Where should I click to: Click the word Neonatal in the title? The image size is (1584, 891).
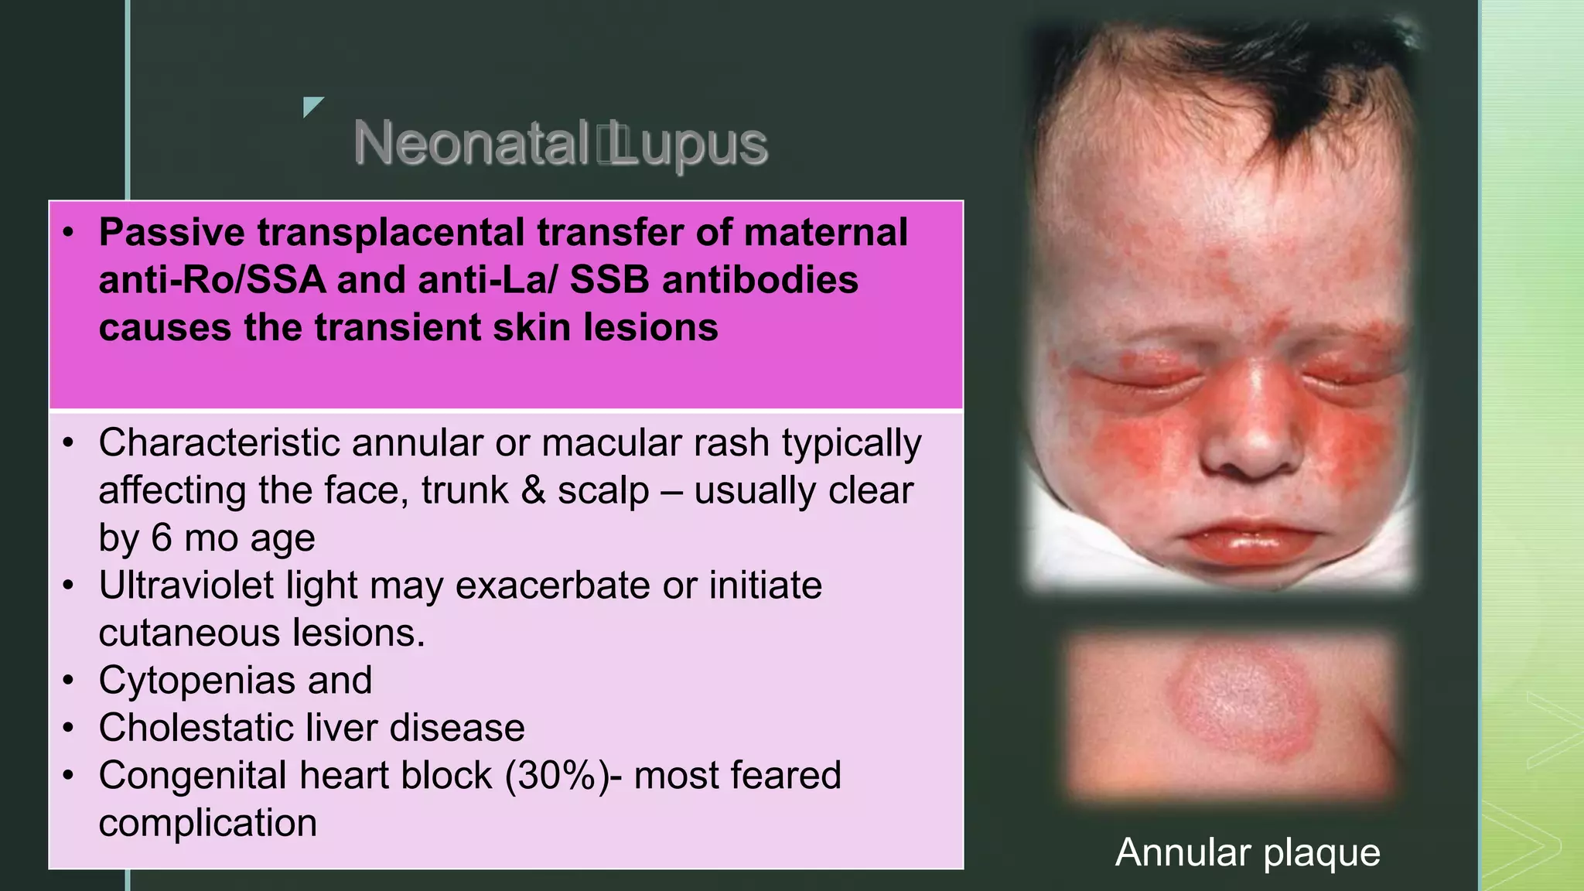(x=470, y=144)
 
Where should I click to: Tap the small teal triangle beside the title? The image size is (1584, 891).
(x=312, y=106)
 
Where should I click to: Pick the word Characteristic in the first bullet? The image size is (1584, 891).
(x=219, y=443)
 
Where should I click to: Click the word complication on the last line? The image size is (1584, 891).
(x=207, y=823)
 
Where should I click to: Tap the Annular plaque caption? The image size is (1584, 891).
(x=1248, y=852)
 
